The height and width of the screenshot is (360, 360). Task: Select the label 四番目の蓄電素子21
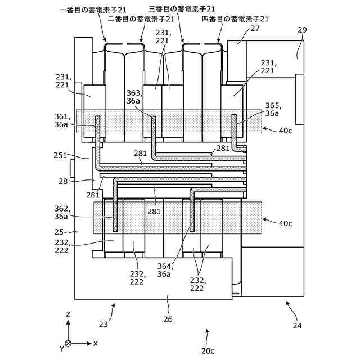(x=235, y=19)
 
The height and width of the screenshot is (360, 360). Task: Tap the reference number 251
(x=60, y=155)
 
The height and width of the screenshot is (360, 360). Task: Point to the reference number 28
(x=62, y=181)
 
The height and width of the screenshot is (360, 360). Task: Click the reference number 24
(x=298, y=324)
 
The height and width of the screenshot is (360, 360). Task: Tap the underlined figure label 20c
(x=208, y=350)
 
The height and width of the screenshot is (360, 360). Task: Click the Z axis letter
(x=68, y=314)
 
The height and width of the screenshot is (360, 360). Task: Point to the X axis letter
(x=96, y=343)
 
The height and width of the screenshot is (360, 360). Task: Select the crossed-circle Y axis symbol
(x=68, y=343)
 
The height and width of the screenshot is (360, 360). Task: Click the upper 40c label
(x=285, y=130)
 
